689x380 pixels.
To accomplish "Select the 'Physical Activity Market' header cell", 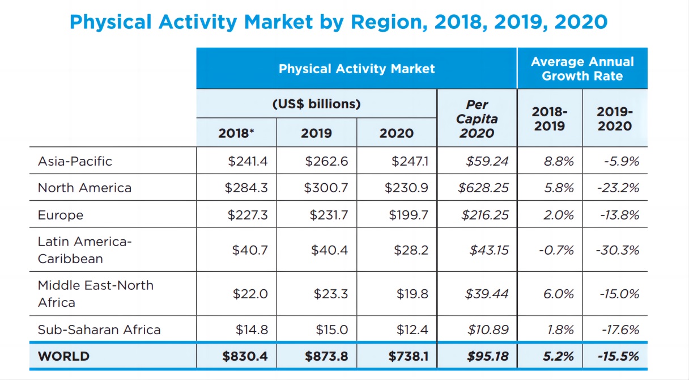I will (356, 69).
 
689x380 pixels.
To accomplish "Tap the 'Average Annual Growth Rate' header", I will (582, 69).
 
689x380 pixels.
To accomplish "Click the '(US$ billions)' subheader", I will (316, 104).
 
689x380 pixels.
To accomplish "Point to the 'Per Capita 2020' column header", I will (477, 119).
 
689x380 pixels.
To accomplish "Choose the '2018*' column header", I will (236, 133).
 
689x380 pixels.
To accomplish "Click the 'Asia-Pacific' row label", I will (75, 161).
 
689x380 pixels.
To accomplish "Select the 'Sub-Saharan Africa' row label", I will (99, 330).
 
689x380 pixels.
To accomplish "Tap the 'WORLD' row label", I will (63, 356).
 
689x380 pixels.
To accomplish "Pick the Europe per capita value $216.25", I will (485, 215).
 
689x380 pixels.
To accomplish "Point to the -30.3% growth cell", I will (618, 250).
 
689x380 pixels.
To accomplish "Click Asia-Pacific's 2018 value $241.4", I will (248, 161).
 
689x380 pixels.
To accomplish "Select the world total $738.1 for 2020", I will (408, 356).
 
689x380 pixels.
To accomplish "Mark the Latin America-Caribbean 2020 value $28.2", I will (412, 250).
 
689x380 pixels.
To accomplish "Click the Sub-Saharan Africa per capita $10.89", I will (488, 330).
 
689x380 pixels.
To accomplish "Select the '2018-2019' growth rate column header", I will (549, 119).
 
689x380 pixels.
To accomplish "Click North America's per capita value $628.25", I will (483, 188).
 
